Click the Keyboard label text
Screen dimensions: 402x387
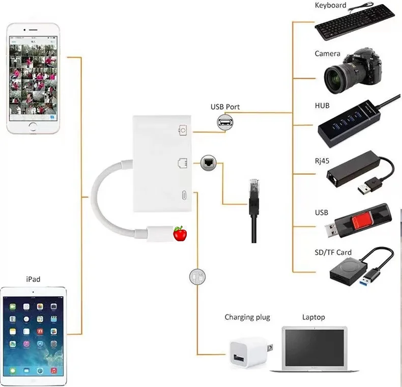[330, 6]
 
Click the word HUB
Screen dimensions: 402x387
[322, 105]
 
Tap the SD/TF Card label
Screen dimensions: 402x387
[333, 252]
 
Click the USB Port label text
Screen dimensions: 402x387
[225, 107]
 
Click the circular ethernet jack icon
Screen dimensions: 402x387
[208, 163]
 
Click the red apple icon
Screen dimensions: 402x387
[180, 234]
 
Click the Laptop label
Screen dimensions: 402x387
[313, 317]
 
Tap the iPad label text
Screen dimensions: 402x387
[33, 279]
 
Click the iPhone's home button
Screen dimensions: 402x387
[34, 126]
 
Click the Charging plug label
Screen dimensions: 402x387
[247, 317]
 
